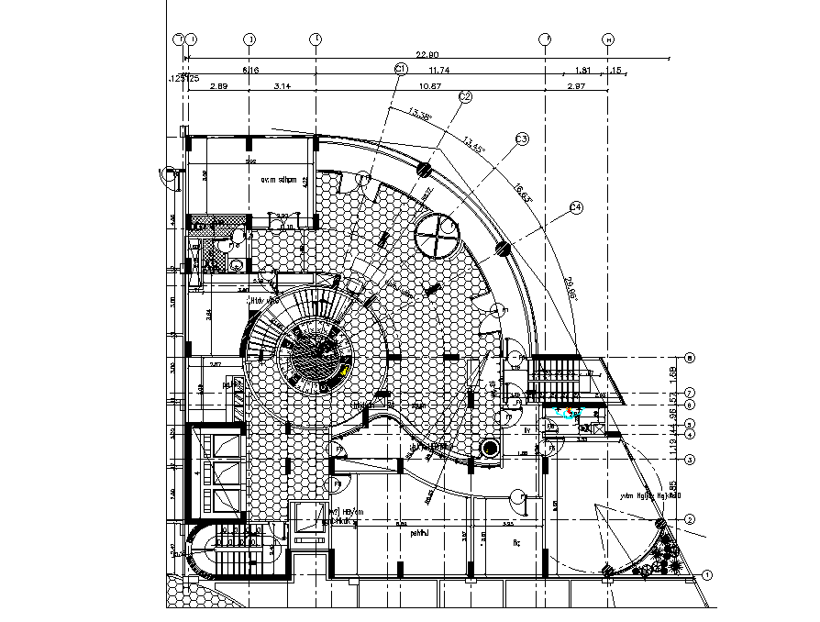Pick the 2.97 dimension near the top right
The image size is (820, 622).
[x=576, y=85]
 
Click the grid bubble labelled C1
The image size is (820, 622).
[x=400, y=69]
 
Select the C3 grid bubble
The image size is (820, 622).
[x=522, y=139]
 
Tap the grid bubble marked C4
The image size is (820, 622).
[x=576, y=208]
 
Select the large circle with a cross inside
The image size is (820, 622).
[x=437, y=238]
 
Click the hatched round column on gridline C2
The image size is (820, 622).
[x=425, y=169]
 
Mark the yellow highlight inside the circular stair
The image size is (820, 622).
[x=342, y=370]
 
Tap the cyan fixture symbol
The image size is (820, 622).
[x=569, y=414]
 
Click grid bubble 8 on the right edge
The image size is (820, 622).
[x=690, y=358]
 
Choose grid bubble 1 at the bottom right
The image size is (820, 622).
[x=707, y=575]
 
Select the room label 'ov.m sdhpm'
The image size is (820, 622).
[x=279, y=180]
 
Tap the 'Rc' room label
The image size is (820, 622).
[x=515, y=543]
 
